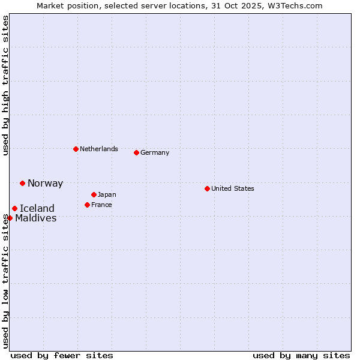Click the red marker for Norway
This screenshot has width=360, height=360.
click(x=22, y=183)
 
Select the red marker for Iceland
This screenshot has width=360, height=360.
click(x=14, y=208)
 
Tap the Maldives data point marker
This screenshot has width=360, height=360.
click(x=10, y=218)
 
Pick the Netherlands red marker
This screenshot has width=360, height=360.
click(x=76, y=149)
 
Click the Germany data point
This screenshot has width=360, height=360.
click(x=136, y=152)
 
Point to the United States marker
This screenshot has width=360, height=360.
click(x=207, y=188)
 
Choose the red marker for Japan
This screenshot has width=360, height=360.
click(x=94, y=194)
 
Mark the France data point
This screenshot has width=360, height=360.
click(x=87, y=205)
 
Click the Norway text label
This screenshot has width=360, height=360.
click(x=45, y=184)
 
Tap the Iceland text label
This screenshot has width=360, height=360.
click(x=37, y=209)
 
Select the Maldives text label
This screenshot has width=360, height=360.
click(x=36, y=218)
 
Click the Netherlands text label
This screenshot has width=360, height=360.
click(x=99, y=149)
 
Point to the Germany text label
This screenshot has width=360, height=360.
click(x=155, y=152)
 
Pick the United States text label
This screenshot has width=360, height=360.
click(x=233, y=188)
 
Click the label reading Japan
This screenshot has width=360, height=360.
click(x=107, y=194)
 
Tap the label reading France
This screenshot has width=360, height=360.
click(x=101, y=205)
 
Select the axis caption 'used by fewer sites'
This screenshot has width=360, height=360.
click(x=62, y=355)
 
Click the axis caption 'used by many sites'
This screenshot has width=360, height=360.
click(x=301, y=355)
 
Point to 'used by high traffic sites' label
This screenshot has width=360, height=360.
click(x=5, y=85)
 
